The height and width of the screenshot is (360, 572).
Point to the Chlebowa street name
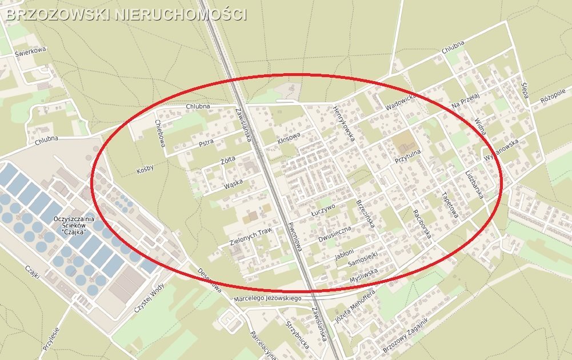160,133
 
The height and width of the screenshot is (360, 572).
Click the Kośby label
146,170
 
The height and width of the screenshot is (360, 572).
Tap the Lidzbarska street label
474,183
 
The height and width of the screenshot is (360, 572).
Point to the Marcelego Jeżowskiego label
267,299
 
